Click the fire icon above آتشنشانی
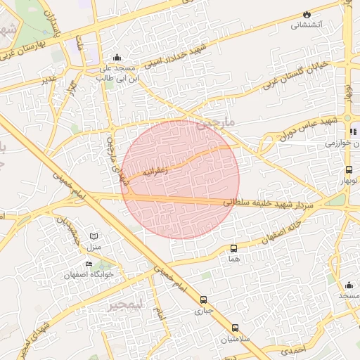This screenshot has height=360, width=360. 307,14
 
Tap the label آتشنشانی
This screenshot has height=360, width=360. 307,25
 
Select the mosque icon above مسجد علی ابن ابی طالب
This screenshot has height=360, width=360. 117,58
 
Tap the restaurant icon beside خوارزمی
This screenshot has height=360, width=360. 353,131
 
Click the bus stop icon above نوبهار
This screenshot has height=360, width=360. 349,169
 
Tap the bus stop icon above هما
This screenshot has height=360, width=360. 233,248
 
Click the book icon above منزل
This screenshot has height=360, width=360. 94,236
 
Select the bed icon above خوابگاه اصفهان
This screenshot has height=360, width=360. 88,264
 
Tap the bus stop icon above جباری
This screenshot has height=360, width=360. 203,300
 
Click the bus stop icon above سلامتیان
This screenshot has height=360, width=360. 235,328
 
